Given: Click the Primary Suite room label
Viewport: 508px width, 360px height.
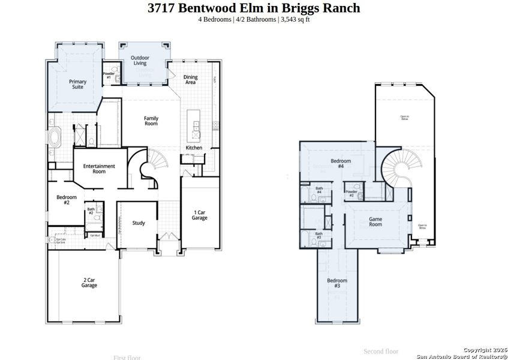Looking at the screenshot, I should point(78,84).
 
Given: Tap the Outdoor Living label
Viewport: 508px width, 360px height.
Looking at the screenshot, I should point(140,61).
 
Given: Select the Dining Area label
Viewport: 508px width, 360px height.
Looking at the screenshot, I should point(190,79).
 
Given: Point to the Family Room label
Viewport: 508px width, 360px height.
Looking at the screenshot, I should point(151,121).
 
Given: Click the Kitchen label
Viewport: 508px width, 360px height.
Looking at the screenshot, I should point(194,148).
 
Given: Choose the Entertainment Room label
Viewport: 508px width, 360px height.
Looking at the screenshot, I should point(99,169).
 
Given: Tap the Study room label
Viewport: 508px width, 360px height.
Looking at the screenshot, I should point(139,223).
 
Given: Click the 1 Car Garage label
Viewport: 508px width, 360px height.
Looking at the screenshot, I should point(200,215).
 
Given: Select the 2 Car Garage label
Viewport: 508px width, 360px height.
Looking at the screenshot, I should point(89,283).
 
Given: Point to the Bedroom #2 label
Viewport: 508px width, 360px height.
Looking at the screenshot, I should point(67,200).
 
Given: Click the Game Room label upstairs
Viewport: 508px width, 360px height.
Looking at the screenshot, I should point(375,221).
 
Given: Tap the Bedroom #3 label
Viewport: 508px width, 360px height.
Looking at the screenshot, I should point(337,283).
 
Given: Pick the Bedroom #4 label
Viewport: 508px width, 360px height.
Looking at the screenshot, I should point(341,163).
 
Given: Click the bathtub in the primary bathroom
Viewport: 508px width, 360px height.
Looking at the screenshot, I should point(55,137).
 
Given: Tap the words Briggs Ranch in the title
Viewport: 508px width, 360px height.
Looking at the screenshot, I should point(327,8).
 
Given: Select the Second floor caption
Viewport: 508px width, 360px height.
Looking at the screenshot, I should point(381,351).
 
